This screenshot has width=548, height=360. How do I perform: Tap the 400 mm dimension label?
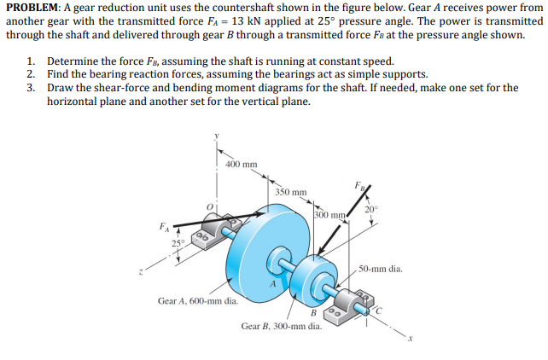pos(242,164)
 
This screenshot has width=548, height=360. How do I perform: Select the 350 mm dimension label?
pos(292,192)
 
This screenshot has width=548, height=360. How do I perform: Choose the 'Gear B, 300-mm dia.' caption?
pos(281,326)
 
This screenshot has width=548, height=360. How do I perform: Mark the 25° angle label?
pos(178,246)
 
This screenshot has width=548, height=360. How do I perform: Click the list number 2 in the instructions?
pos(31,74)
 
